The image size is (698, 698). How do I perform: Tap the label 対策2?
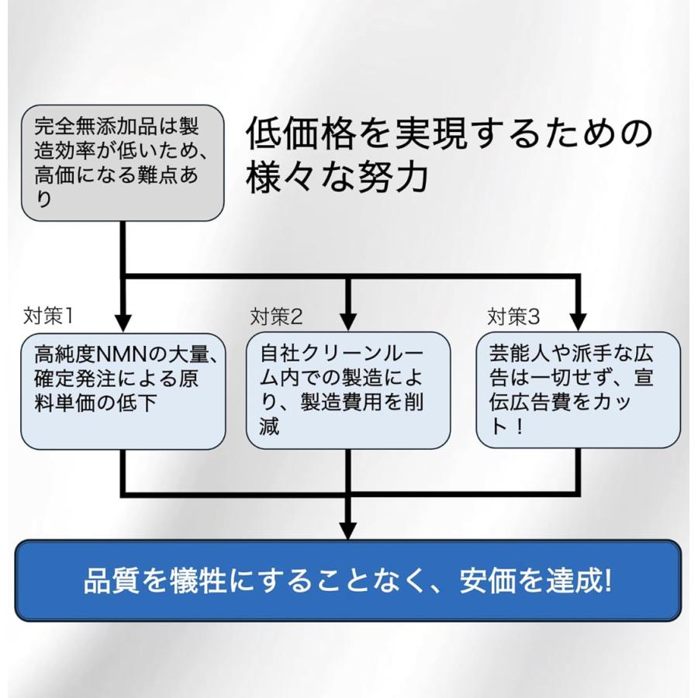pyautogui.click(x=276, y=316)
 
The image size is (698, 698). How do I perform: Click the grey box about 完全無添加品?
pyautogui.click(x=123, y=163)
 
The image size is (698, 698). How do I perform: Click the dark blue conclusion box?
pyautogui.click(x=348, y=580)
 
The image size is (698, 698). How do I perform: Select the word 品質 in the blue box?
pyautogui.click(x=109, y=581)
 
